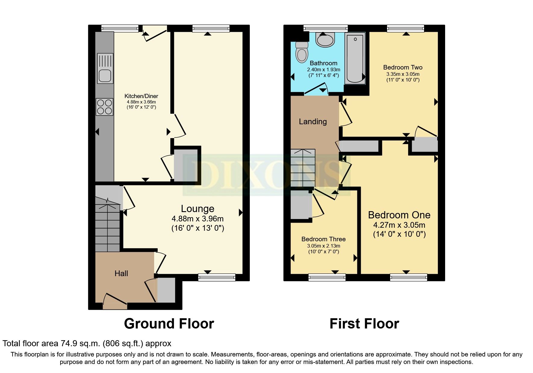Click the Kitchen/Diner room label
tap(141, 96)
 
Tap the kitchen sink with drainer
tap(105, 69)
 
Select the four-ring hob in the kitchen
tap(104, 107)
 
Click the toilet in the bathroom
tap(302, 52)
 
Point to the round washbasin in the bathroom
tap(325, 40)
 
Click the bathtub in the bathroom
tap(355, 58)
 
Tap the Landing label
tap(313, 122)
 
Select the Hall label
tap(121, 273)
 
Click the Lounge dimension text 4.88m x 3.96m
tap(197, 219)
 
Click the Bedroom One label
tap(399, 215)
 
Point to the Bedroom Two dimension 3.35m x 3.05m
tap(403, 74)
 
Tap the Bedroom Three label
tap(323, 239)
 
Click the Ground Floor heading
tap(169, 324)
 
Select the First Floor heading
tap(364, 324)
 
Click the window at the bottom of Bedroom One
tap(408, 277)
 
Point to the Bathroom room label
tap(323, 63)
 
